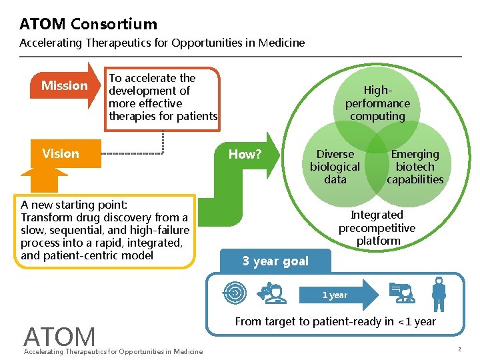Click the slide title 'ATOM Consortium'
(x=88, y=24)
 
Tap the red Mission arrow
(x=65, y=85)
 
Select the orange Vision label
(x=61, y=154)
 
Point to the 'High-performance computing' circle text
(x=377, y=103)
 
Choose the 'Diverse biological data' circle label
(x=335, y=167)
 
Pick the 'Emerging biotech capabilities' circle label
(x=415, y=167)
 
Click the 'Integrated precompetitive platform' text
(x=377, y=227)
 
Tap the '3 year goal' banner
(x=275, y=261)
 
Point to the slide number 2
(x=459, y=350)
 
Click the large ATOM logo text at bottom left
(x=59, y=337)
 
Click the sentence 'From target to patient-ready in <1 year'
(x=335, y=321)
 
